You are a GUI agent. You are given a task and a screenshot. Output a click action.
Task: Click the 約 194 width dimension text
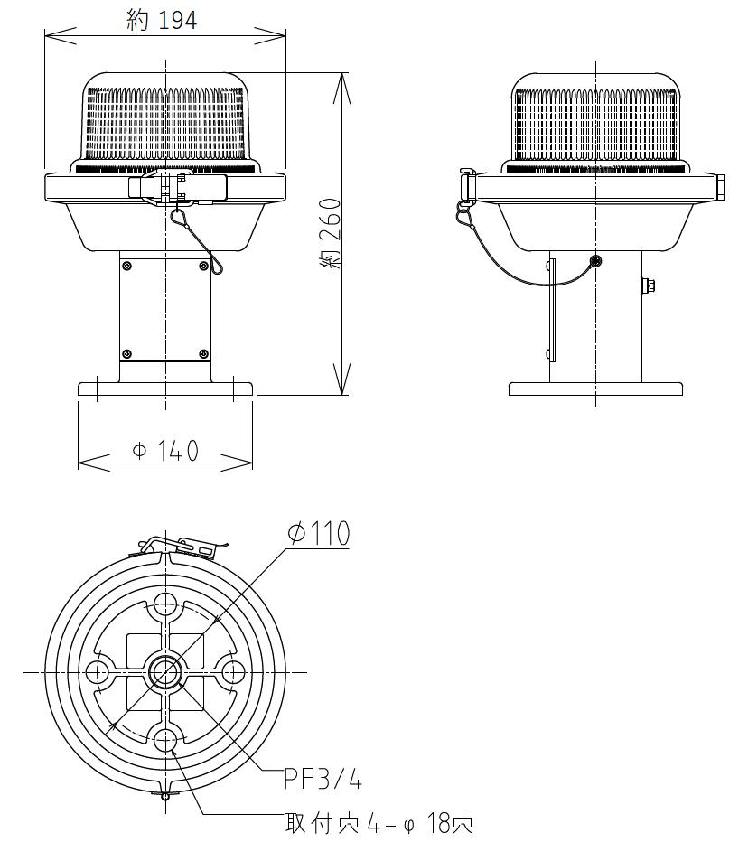(x=162, y=20)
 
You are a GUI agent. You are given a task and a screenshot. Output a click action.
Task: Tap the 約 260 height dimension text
(x=330, y=233)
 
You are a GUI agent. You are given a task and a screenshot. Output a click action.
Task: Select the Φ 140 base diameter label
(x=165, y=451)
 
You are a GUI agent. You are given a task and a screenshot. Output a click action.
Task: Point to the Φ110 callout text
(x=319, y=533)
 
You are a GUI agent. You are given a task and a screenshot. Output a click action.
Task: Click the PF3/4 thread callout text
(x=323, y=778)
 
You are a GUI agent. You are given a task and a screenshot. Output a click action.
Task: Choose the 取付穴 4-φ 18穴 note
(x=379, y=823)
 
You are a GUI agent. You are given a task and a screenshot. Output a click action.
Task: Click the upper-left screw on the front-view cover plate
(x=126, y=266)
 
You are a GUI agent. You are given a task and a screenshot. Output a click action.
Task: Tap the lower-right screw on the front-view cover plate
(x=203, y=353)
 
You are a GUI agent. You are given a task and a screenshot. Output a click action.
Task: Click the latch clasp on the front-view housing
(x=177, y=187)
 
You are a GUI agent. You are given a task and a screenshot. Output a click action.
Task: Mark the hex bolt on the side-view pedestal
(x=649, y=285)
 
